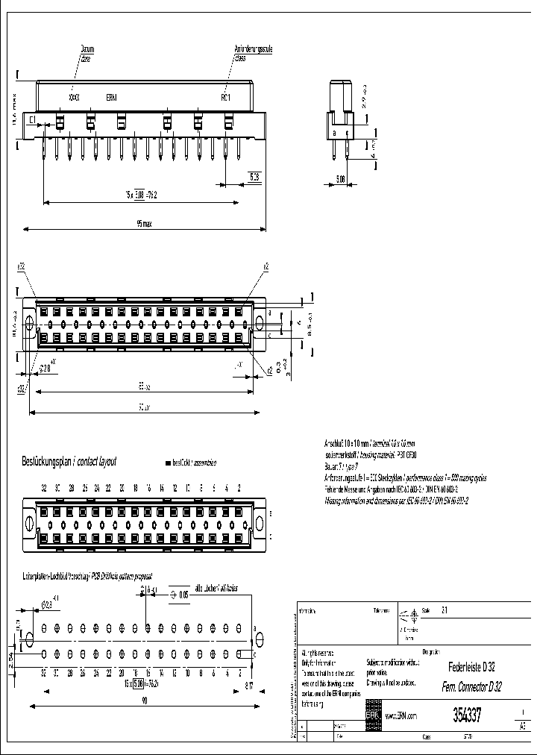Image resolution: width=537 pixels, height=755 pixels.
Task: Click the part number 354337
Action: click(x=467, y=713)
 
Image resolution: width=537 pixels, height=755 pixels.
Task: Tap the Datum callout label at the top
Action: click(x=87, y=48)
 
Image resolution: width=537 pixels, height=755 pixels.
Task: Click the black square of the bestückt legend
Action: click(x=168, y=463)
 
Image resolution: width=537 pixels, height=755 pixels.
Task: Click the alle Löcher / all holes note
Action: click(x=216, y=589)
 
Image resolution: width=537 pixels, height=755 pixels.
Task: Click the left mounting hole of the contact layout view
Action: click(x=30, y=519)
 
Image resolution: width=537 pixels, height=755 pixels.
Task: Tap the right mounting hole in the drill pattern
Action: click(x=260, y=639)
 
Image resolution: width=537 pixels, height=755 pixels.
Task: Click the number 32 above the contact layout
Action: click(x=44, y=487)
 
